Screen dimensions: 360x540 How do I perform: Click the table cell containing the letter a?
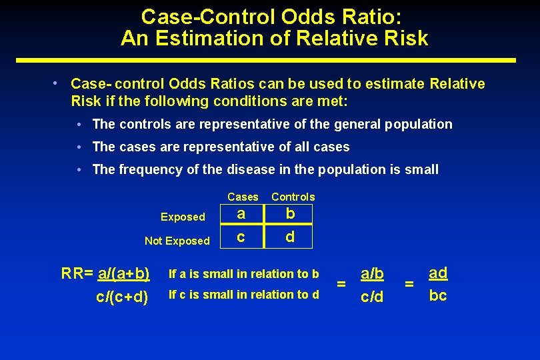point(241,214)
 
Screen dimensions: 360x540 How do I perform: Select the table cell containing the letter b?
point(290,214)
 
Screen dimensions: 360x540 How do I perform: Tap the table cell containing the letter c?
point(241,237)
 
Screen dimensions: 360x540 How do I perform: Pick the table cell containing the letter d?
point(290,237)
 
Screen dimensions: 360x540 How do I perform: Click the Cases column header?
point(243,197)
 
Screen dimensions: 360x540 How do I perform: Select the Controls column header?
point(293,197)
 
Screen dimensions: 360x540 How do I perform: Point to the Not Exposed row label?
point(177,241)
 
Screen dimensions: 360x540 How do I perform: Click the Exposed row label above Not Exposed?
point(183,217)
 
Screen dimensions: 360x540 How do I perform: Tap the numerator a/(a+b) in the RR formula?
point(123,273)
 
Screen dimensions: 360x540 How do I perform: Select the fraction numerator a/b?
point(372,273)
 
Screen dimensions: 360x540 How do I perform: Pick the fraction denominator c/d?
point(372,296)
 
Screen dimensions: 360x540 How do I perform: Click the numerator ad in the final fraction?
point(438,273)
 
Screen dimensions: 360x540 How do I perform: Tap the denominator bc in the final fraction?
point(438,295)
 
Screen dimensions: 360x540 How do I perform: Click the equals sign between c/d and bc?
point(409,285)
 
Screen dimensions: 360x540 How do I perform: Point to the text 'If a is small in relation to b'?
point(244,273)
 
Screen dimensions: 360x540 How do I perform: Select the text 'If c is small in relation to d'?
point(244,295)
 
